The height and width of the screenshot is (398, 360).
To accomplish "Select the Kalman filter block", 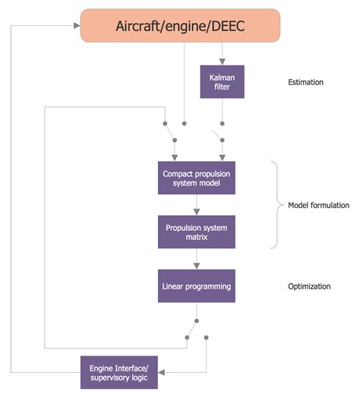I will (222, 81).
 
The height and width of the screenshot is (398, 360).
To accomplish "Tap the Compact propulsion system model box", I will (196, 178).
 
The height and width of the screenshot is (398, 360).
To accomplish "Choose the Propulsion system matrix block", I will (196, 232).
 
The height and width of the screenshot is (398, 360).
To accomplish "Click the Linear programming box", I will (196, 286).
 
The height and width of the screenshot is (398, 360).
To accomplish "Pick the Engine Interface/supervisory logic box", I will (122, 372).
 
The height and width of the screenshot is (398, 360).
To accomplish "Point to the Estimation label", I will (307, 82).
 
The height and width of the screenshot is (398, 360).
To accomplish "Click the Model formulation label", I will (318, 205).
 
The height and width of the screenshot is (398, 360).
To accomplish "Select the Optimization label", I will (309, 286).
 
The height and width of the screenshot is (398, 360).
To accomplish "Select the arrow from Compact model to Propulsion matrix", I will (196, 205).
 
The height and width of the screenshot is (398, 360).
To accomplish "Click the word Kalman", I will (222, 77).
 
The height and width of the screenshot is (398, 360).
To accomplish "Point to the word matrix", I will (196, 237).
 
